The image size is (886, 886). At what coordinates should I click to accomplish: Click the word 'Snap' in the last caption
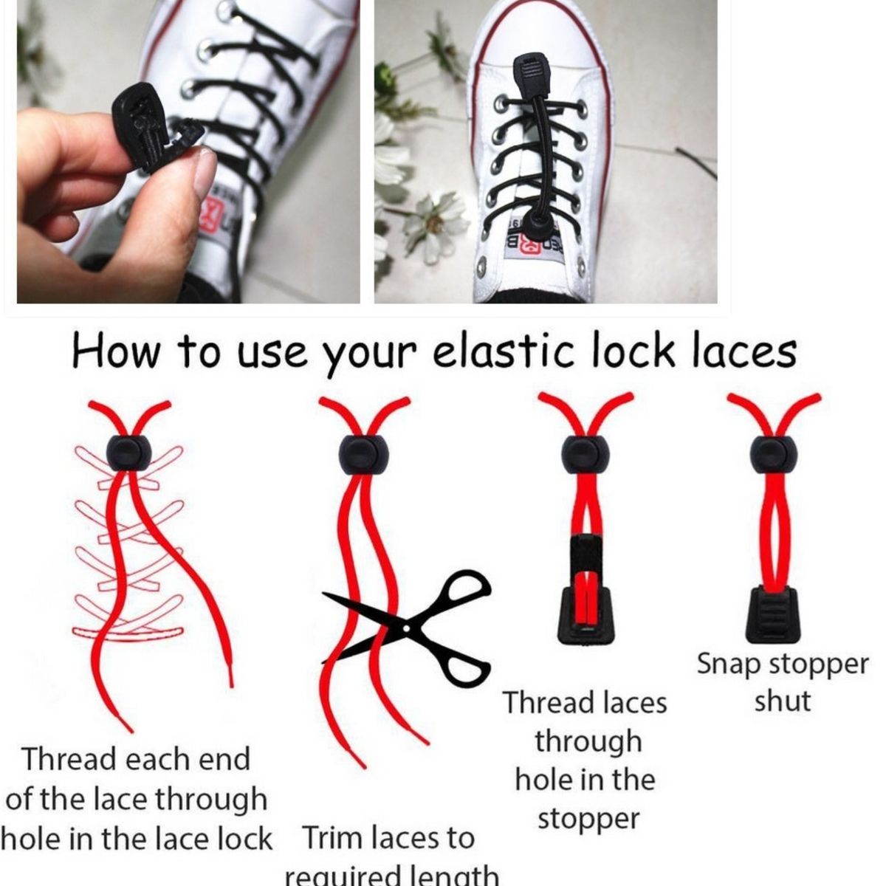click(728, 664)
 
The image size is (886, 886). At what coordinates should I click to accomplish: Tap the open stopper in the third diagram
click(583, 590)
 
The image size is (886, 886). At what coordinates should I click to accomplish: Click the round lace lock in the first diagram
click(128, 453)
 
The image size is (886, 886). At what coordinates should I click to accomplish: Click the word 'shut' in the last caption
click(782, 701)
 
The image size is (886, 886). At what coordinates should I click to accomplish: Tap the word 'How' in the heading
click(116, 351)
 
